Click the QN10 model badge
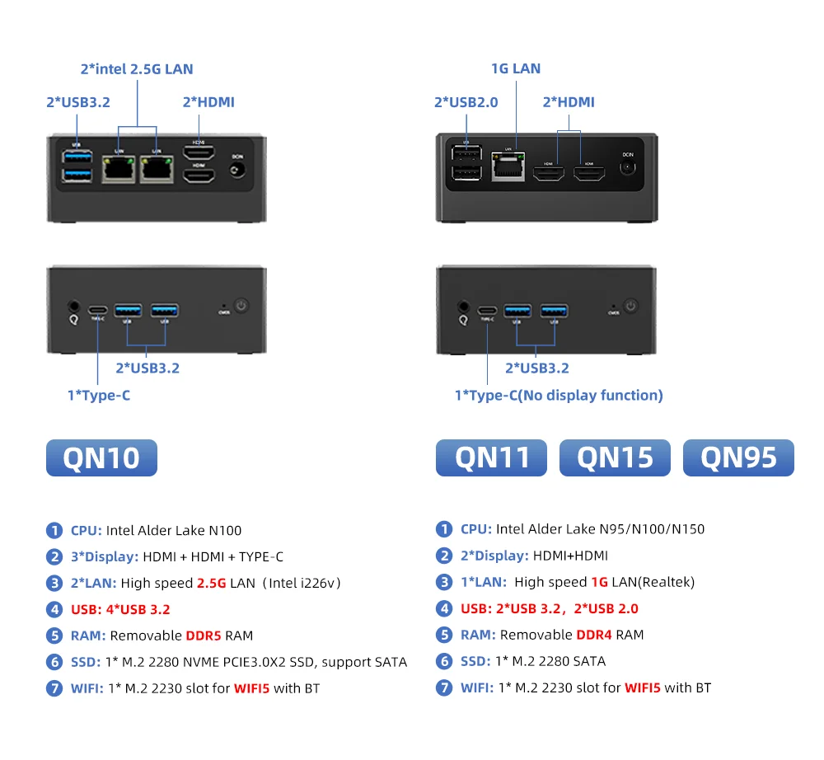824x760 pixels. coord(101,457)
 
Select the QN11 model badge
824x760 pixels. coord(491,457)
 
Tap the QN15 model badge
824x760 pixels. coord(615,457)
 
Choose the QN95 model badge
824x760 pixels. coord(738,457)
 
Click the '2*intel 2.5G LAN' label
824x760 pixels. coord(137,69)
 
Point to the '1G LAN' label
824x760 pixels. coord(515,68)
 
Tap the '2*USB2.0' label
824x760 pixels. coord(466,102)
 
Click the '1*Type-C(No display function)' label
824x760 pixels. coord(559,396)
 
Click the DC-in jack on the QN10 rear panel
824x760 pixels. coord(237,170)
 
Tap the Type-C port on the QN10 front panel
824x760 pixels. coord(98,310)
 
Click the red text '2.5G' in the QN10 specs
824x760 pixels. coord(212,583)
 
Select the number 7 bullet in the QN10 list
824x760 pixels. coord(54,687)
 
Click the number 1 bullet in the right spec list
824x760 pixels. coord(444,529)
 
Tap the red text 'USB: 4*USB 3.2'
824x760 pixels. coord(120,609)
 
